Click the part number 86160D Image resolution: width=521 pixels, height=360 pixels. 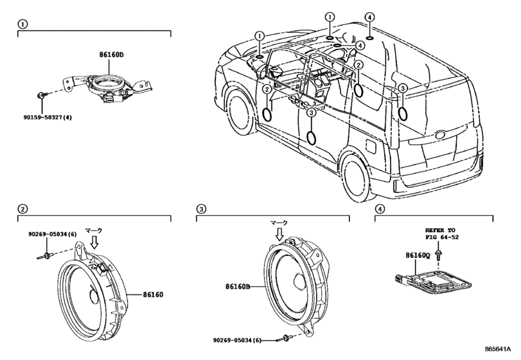(x=111, y=55)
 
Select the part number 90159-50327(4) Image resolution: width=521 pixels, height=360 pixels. (x=48, y=118)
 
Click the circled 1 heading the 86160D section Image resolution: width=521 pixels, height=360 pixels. (x=22, y=24)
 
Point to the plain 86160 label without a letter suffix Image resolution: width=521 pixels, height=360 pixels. (x=153, y=295)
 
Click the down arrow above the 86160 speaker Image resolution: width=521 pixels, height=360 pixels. (x=94, y=242)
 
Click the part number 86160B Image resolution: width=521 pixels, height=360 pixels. (x=237, y=286)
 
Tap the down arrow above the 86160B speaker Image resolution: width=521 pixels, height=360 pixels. (x=279, y=234)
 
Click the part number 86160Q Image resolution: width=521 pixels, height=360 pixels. (x=418, y=255)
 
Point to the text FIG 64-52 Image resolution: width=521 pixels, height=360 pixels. (x=442, y=237)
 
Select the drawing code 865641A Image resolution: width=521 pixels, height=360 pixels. (x=497, y=349)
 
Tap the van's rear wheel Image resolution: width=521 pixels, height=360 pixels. (x=356, y=178)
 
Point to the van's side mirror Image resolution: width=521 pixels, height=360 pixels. (x=263, y=71)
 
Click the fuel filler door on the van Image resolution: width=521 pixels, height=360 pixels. (x=371, y=147)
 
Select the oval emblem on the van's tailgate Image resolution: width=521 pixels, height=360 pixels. (x=440, y=135)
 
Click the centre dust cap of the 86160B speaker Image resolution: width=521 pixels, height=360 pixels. (x=299, y=282)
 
